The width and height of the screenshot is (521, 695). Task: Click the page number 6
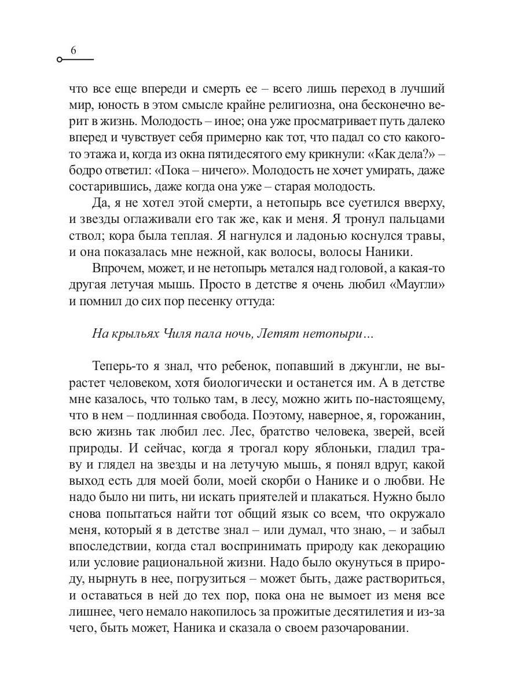pyautogui.click(x=73, y=50)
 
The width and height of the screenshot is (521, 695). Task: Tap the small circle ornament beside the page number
pyautogui.click(x=60, y=60)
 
